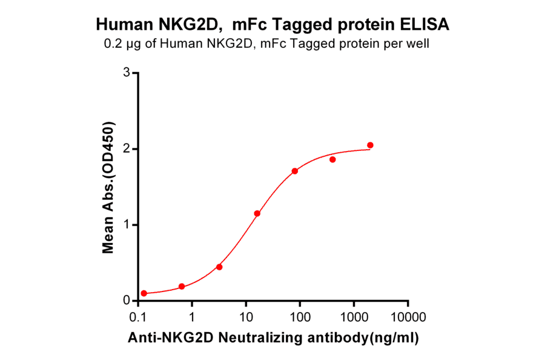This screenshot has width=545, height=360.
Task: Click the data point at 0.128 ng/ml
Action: tap(144, 293)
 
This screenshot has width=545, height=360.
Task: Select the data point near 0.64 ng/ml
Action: tap(182, 286)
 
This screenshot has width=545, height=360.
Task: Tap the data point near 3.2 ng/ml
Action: tap(219, 267)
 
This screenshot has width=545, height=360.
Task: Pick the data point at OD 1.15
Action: tap(257, 213)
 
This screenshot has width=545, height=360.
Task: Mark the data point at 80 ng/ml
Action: tap(295, 171)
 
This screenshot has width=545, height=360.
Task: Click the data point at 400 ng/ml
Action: tap(332, 159)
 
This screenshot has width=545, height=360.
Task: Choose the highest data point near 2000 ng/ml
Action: tap(371, 145)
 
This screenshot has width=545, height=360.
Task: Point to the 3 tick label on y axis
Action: tap(127, 73)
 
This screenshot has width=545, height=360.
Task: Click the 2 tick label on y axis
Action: tap(127, 149)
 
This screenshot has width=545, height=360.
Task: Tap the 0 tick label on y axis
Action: tap(127, 301)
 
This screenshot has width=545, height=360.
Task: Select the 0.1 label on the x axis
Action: tap(139, 318)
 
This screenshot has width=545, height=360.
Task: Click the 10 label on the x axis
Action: tap(246, 318)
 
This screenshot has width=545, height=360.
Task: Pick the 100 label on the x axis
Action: tap(300, 318)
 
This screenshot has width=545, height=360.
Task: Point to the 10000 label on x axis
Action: tap(408, 318)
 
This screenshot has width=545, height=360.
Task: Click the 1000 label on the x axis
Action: tap(354, 318)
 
